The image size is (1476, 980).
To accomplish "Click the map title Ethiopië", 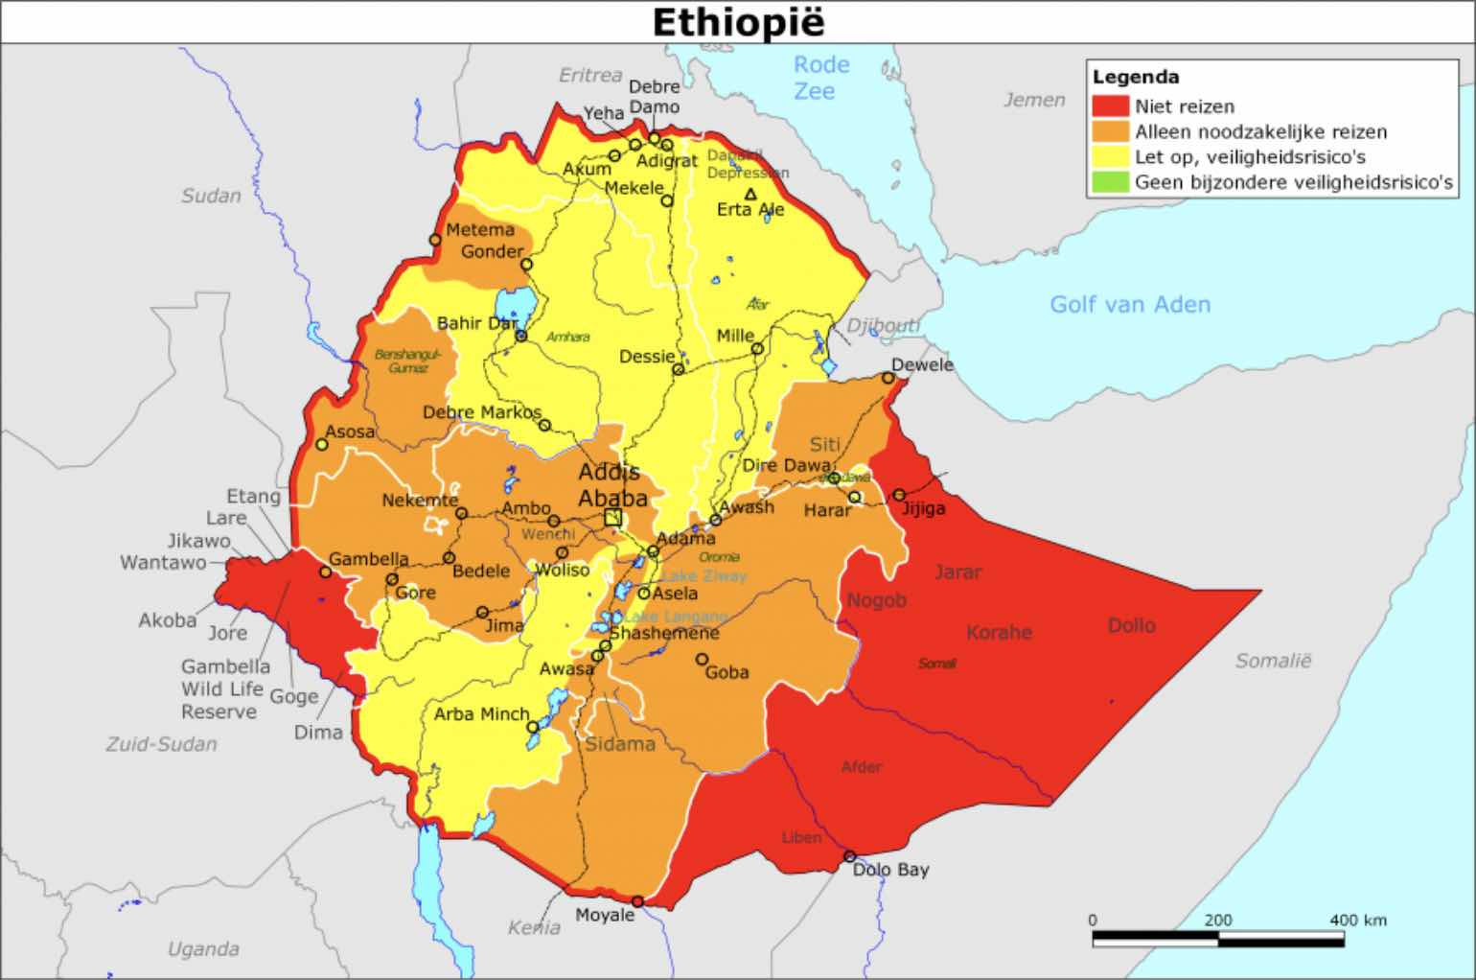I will pos(738,22).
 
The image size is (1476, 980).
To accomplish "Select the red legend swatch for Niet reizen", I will pos(1110,106).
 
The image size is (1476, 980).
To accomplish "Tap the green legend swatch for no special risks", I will pos(1110,182).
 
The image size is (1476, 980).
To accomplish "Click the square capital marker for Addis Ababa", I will pos(612,518).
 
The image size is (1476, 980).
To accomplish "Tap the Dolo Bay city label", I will pos(890,871).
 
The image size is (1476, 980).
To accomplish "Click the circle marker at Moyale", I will pos(637,901).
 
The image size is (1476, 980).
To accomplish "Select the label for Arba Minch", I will pos(481,714).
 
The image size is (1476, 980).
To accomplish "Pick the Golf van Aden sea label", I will pos(1130,305).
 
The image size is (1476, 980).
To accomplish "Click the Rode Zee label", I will pos(820,78).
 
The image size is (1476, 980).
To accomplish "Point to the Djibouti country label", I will pos(883,325).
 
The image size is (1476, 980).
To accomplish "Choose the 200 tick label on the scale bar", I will pos(1217,920).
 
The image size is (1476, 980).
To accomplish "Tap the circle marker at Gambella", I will pos(326,572).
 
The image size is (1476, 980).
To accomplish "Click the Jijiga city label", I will pos(923,508).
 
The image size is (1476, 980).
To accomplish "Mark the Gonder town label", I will pos(493,251).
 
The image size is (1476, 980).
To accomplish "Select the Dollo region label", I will pos(1131,625).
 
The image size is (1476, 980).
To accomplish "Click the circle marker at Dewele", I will pos(888,378).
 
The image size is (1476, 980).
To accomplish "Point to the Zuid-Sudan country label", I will pos(161,744).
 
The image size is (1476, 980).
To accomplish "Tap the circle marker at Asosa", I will pos(321,445).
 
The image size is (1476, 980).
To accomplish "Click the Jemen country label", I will pos(1034,100).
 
